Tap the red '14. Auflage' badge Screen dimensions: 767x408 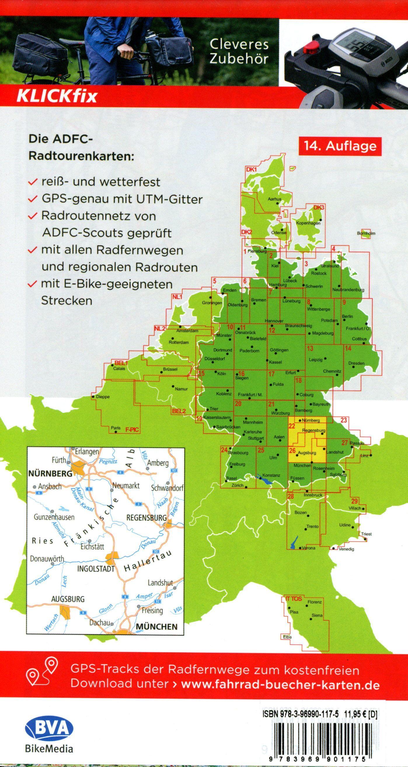340,146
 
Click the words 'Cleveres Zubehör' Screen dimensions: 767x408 239,51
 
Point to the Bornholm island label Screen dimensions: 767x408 366,233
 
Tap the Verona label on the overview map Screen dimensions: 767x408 308,548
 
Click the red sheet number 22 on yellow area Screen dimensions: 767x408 292,426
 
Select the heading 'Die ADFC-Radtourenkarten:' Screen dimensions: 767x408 80,148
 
